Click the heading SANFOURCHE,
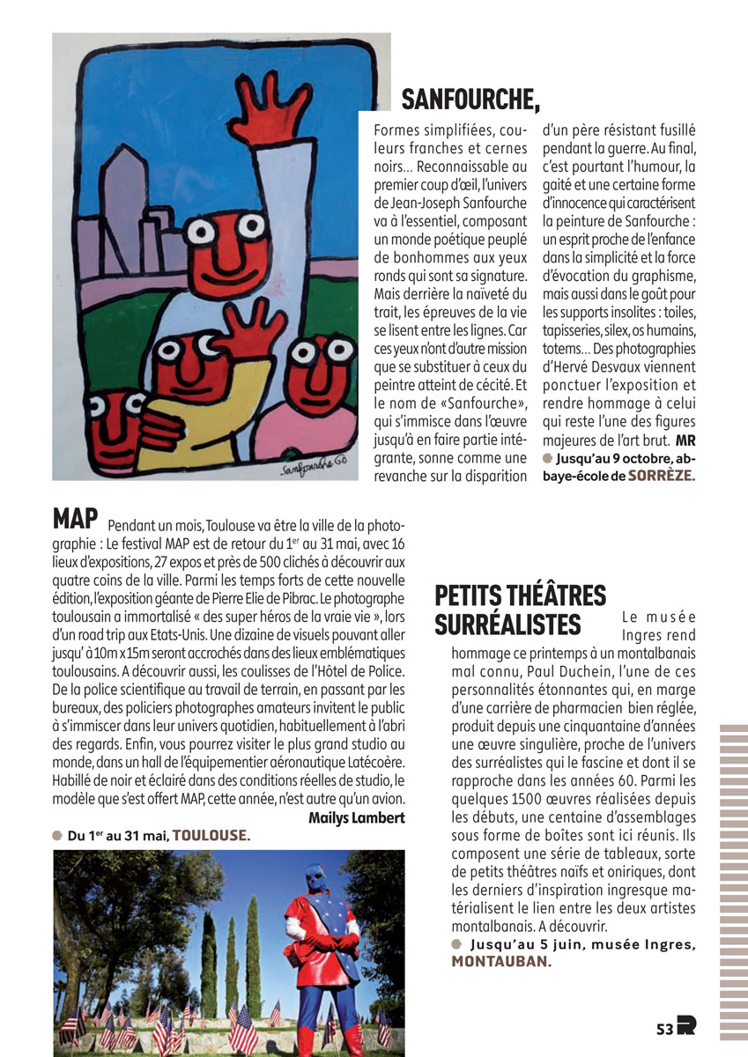click(x=470, y=100)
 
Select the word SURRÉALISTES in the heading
click(x=508, y=624)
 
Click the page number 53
click(x=664, y=1028)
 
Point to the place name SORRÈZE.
click(x=662, y=475)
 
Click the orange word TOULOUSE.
click(x=211, y=835)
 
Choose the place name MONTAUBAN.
click(x=501, y=962)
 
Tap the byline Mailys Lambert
click(x=356, y=817)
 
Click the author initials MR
click(x=685, y=440)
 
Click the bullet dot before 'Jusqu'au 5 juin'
click(x=456, y=944)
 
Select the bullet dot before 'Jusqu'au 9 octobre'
click(x=547, y=457)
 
